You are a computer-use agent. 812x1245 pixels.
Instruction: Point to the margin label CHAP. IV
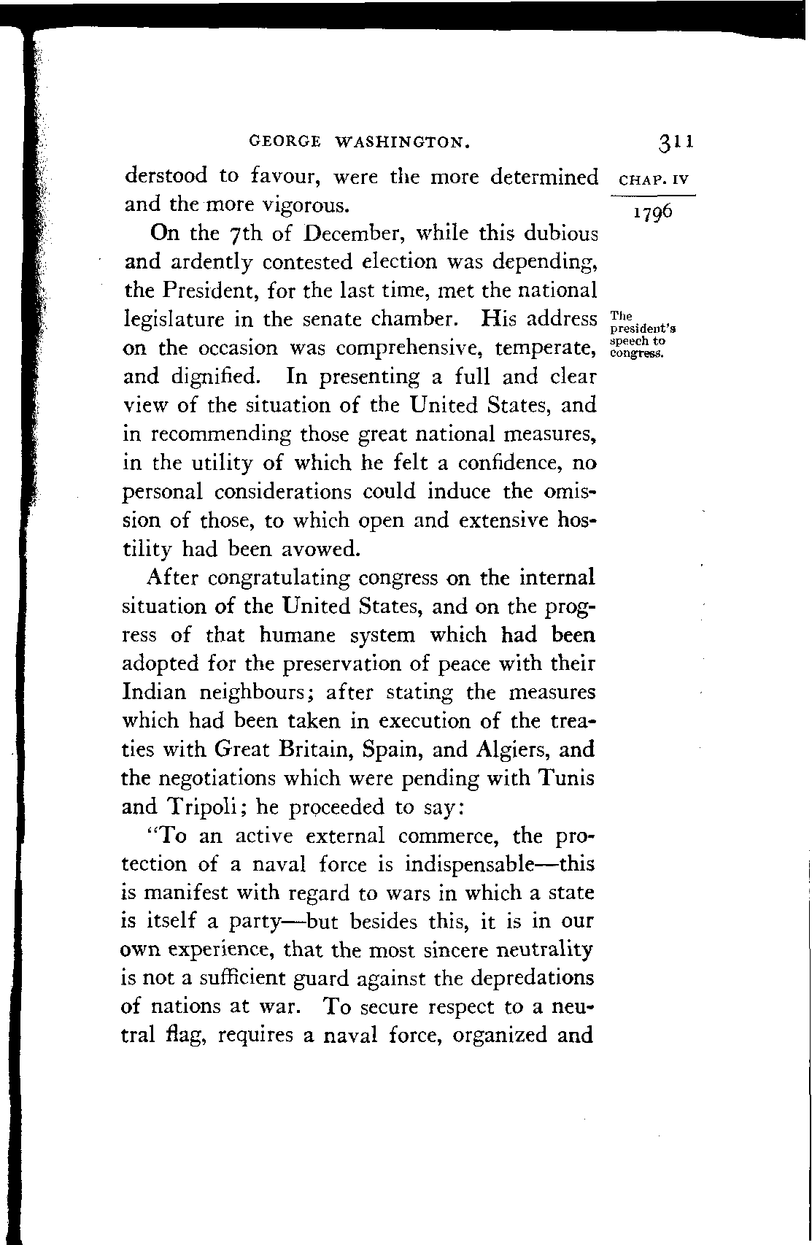[653, 178]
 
